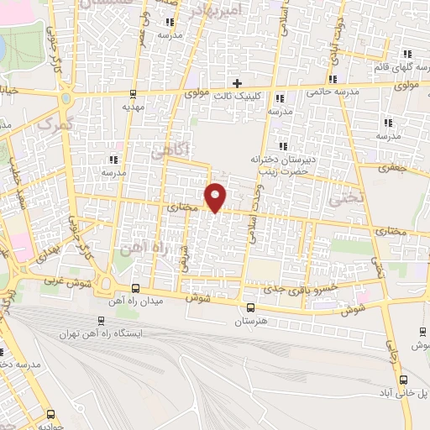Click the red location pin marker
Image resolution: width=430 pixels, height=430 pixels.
(216, 197)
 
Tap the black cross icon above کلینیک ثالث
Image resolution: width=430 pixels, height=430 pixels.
(237, 83)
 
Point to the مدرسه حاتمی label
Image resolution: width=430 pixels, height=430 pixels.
(333, 90)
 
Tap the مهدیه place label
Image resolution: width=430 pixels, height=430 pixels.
(134, 107)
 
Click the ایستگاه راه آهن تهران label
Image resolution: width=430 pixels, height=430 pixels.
(102, 333)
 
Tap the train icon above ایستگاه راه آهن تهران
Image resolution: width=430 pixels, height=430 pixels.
(102, 320)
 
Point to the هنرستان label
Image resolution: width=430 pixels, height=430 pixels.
(250, 321)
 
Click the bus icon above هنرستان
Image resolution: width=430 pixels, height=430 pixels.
(250, 307)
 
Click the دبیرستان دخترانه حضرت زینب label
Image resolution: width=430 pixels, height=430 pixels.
(281, 164)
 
